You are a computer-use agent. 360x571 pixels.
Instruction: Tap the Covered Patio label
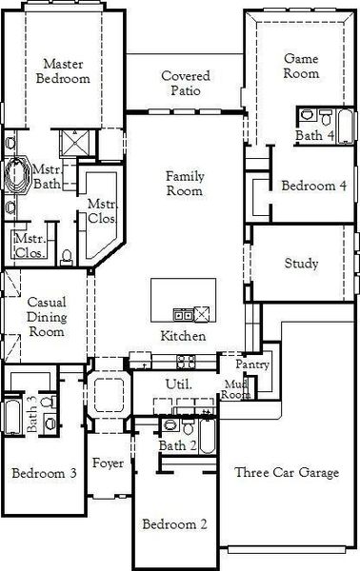[186, 83]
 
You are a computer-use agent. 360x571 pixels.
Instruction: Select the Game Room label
[301, 66]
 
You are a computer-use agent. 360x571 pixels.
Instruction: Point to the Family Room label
[185, 184]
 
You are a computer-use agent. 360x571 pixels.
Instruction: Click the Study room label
[301, 264]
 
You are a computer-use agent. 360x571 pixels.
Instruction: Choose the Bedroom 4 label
[313, 186]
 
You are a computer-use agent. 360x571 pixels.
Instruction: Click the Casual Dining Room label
[46, 317]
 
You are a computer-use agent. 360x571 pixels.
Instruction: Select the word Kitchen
[183, 337]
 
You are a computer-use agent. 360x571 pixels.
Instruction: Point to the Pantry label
[253, 364]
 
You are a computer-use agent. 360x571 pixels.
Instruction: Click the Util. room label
[179, 384]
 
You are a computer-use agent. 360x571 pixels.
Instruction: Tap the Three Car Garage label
[287, 473]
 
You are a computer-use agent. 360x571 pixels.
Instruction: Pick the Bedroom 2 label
[174, 523]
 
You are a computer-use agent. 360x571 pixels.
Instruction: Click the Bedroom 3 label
[44, 473]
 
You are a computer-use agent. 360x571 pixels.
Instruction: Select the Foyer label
[108, 463]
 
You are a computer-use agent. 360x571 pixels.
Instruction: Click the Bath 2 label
[178, 445]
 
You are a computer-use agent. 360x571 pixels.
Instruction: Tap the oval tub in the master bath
[18, 177]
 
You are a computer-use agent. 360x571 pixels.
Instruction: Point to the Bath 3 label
[31, 415]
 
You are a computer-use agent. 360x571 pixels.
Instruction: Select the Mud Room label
[235, 388]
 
